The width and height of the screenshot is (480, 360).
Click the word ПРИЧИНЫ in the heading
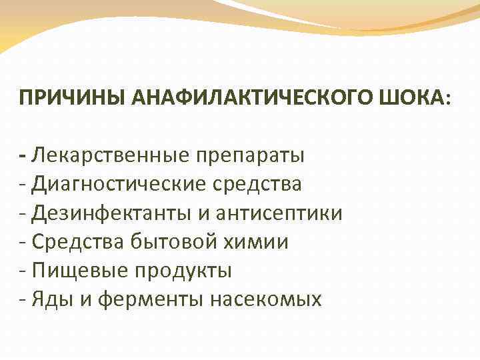[57, 99]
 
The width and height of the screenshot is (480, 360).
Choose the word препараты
[250, 157]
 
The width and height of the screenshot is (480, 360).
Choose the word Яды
[51, 299]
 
